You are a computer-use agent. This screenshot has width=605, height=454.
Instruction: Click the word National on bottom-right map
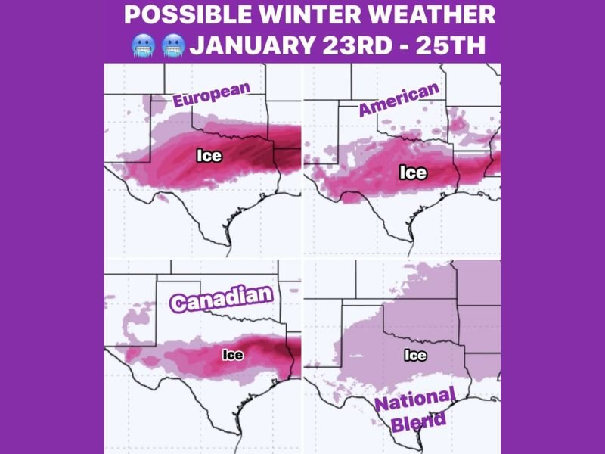click(415, 399)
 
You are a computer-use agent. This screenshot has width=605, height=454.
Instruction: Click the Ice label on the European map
click(209, 156)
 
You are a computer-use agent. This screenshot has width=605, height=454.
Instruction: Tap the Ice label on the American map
click(413, 173)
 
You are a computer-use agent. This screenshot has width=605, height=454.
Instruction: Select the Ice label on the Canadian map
click(233, 354)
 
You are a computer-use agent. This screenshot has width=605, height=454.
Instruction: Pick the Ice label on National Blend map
click(415, 355)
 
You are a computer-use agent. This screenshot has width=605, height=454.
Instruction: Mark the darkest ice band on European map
click(261, 155)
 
